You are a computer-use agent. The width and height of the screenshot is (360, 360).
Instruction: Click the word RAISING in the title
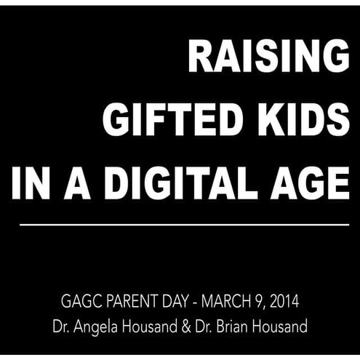(268, 57)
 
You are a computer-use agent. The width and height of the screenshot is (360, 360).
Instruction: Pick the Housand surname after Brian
(284, 327)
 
